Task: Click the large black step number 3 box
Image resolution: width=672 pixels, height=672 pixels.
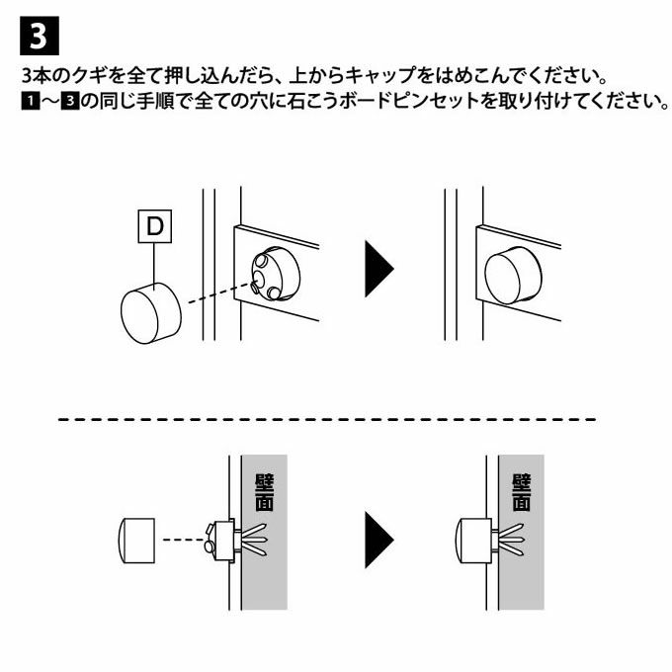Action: [40, 36]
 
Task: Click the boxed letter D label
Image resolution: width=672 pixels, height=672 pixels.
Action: [155, 226]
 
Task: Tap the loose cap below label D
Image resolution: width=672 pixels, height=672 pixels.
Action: [151, 313]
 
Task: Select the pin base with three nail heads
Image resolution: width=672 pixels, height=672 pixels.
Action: [276, 273]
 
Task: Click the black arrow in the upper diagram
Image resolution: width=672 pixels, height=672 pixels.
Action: [378, 269]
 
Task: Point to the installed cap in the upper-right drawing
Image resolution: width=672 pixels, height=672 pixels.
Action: [513, 276]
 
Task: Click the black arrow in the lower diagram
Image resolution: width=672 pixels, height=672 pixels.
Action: [378, 540]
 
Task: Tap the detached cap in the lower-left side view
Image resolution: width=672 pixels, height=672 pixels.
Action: [136, 540]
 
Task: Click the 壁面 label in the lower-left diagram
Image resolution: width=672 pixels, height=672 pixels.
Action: [265, 492]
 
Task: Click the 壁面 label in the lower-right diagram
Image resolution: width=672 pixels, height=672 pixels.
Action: [522, 492]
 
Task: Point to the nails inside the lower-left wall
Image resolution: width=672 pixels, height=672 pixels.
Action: [253, 539]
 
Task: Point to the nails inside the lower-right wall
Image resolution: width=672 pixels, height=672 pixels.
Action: [511, 539]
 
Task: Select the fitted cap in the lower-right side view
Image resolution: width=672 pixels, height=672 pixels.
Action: [473, 540]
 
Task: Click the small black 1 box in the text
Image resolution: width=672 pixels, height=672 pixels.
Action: [31, 102]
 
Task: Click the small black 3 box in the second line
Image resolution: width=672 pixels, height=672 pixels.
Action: [70, 102]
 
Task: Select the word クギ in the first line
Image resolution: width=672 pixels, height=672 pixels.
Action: [89, 76]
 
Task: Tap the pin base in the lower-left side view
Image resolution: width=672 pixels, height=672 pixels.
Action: [220, 540]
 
